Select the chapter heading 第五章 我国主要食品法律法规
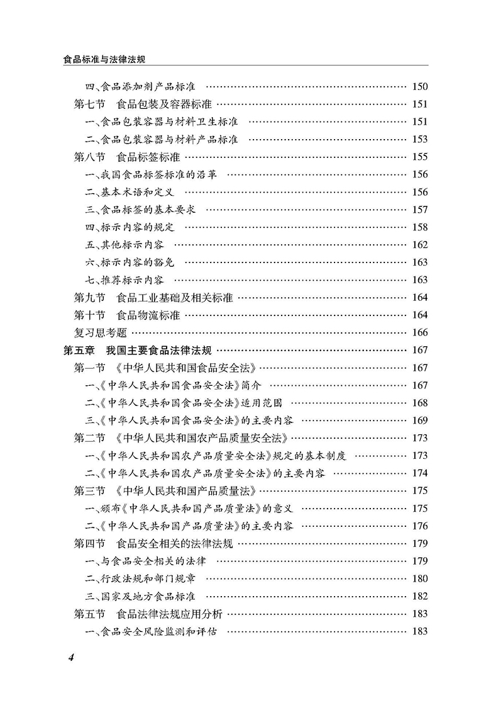click(x=138, y=351)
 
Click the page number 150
click(x=419, y=86)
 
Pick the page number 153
click(x=419, y=139)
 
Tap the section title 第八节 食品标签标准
click(x=126, y=157)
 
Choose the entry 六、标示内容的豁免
click(x=126, y=262)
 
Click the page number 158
click(x=419, y=227)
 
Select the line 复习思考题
click(x=101, y=333)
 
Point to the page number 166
click(x=419, y=333)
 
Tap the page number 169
click(x=419, y=420)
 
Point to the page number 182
click(x=419, y=596)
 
